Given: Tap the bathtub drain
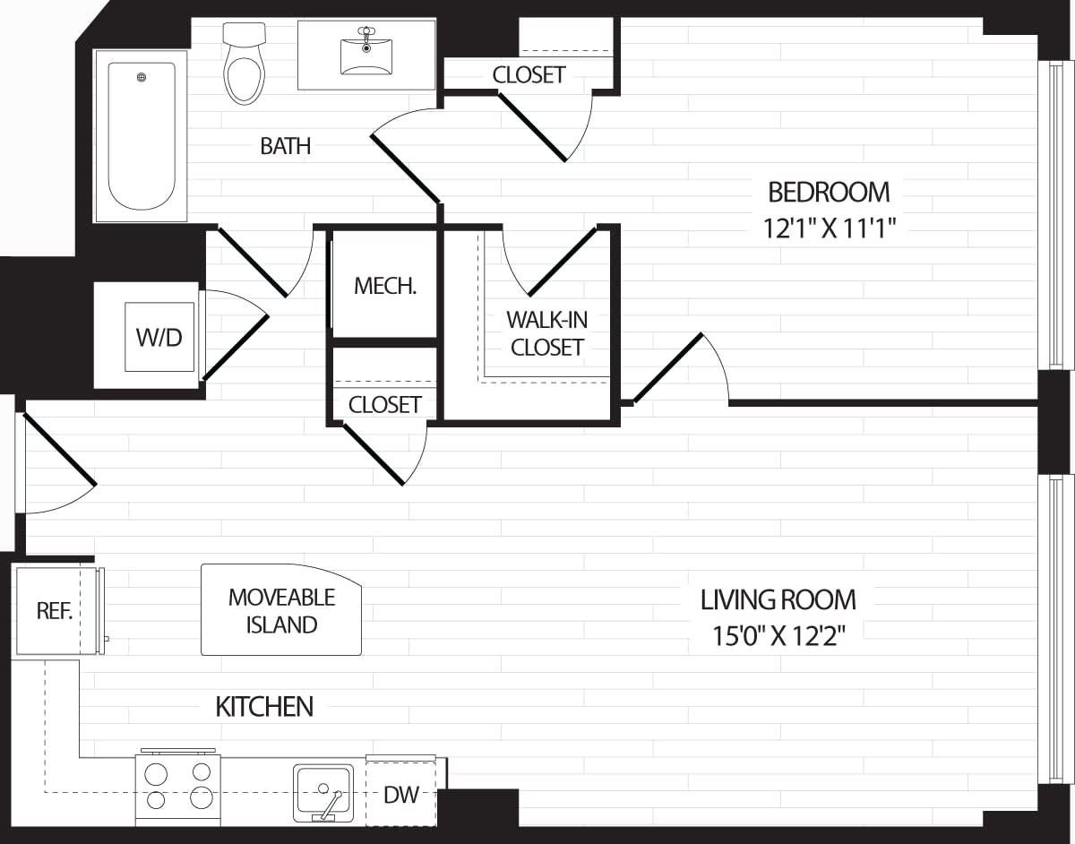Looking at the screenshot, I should click(142, 77).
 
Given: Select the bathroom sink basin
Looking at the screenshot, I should click(366, 56).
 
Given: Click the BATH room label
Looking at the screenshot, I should click(286, 146).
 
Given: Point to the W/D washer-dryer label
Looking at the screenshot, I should click(159, 338).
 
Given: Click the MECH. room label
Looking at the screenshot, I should click(385, 286).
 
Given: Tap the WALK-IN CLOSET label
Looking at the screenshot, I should click(546, 333).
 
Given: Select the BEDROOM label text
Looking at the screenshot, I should click(829, 192).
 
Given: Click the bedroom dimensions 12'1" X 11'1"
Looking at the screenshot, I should click(830, 228).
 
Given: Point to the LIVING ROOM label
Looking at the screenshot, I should click(778, 599).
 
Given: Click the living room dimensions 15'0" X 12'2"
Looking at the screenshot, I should click(778, 636).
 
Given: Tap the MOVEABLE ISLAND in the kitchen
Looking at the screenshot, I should click(281, 610).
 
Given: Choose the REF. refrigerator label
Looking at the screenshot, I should click(54, 611).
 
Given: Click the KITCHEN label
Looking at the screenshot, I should click(264, 707).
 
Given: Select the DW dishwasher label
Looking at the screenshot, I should click(400, 795).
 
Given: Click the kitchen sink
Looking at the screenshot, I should click(322, 792).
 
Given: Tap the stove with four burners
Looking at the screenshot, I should click(178, 786).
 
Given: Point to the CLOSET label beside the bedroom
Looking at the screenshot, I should click(529, 75).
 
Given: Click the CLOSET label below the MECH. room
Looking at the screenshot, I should click(384, 405).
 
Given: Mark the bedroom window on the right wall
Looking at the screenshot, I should click(1054, 215).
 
